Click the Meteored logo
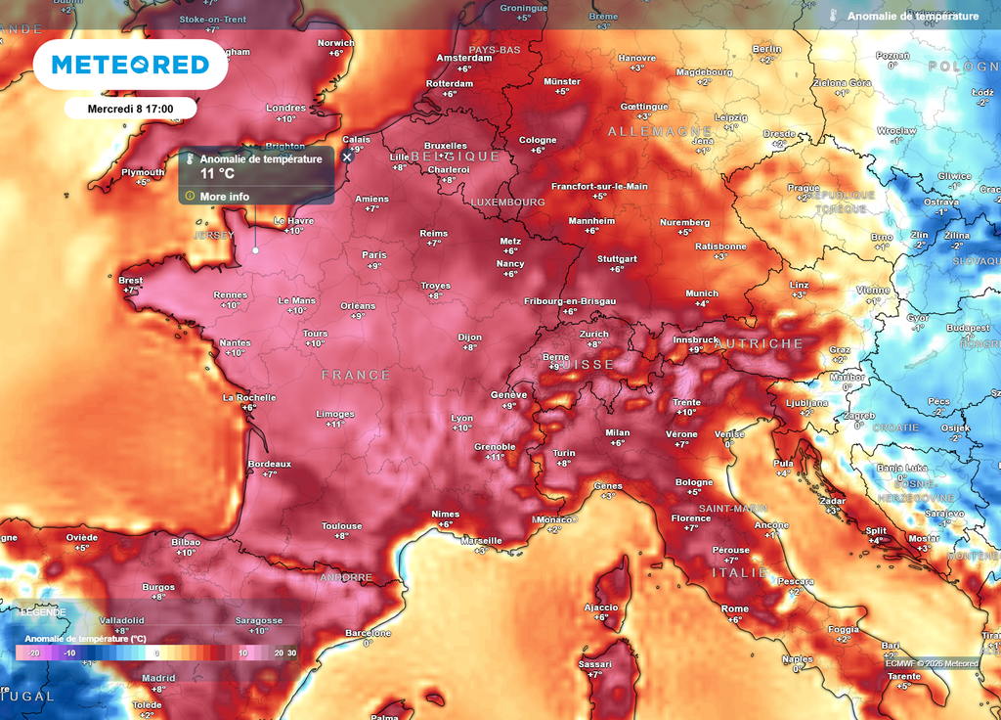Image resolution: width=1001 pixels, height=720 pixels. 130,65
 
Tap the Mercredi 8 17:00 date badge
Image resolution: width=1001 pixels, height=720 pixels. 130,109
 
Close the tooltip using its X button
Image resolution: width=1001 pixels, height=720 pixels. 346,157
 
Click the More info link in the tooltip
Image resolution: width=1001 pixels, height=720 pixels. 224,197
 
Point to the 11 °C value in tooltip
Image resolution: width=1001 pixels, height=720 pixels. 217,173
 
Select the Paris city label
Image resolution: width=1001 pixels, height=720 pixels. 374,254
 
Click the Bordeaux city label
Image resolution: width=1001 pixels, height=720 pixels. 270,464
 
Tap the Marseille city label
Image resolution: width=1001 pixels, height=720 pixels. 481,540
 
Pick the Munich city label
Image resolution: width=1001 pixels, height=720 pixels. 701,293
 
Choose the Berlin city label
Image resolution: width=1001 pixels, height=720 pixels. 766,49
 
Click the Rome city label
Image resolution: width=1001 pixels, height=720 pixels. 734,608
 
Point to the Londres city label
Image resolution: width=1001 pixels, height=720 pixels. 285,108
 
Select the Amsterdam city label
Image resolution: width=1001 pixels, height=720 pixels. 463,58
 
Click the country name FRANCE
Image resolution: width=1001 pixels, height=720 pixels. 356,375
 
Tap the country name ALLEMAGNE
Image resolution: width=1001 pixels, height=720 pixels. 660,130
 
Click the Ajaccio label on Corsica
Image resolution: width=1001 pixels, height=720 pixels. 600,607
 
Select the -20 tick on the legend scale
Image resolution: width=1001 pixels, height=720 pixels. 33,652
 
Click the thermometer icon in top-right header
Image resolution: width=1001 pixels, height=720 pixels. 832,17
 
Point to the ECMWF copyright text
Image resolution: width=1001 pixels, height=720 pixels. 931,664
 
